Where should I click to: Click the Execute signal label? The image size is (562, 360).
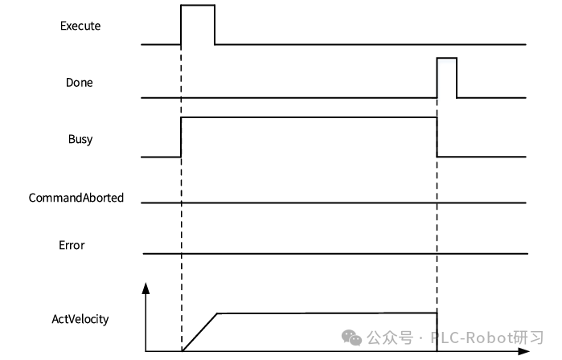80,26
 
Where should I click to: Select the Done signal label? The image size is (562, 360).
80,82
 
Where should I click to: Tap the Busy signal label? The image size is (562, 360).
80,139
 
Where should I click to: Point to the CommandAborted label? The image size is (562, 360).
76,197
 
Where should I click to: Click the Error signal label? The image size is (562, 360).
72,245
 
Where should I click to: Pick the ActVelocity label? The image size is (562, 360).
80,319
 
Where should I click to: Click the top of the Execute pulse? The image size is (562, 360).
198,5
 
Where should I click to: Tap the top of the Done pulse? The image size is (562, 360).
446,58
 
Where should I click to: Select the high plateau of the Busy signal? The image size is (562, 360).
310,117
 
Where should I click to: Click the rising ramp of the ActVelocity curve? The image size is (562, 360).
200,332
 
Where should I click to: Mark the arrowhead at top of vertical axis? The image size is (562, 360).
146,287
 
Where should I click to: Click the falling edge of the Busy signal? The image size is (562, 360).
437,137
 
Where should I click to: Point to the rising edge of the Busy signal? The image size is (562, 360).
182,137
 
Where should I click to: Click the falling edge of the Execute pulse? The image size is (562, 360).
215,24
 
